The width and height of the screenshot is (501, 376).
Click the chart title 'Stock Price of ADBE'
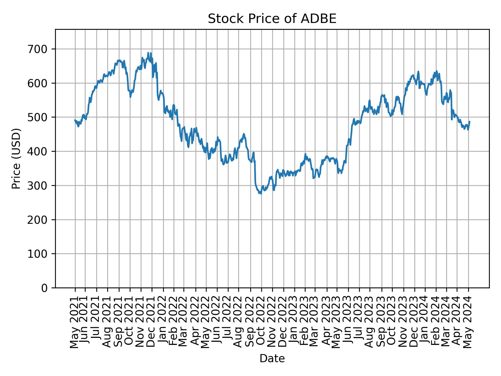[272, 19]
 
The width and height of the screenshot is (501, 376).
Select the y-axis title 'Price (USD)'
[16, 158]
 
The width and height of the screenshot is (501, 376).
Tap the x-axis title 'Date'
[272, 359]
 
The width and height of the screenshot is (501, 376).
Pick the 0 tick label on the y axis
[45, 288]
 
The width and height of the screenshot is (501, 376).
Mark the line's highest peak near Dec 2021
[148, 53]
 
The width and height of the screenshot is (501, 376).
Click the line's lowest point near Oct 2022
[261, 194]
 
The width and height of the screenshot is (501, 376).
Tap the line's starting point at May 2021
[75, 120]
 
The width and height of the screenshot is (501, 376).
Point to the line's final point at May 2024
[470, 121]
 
